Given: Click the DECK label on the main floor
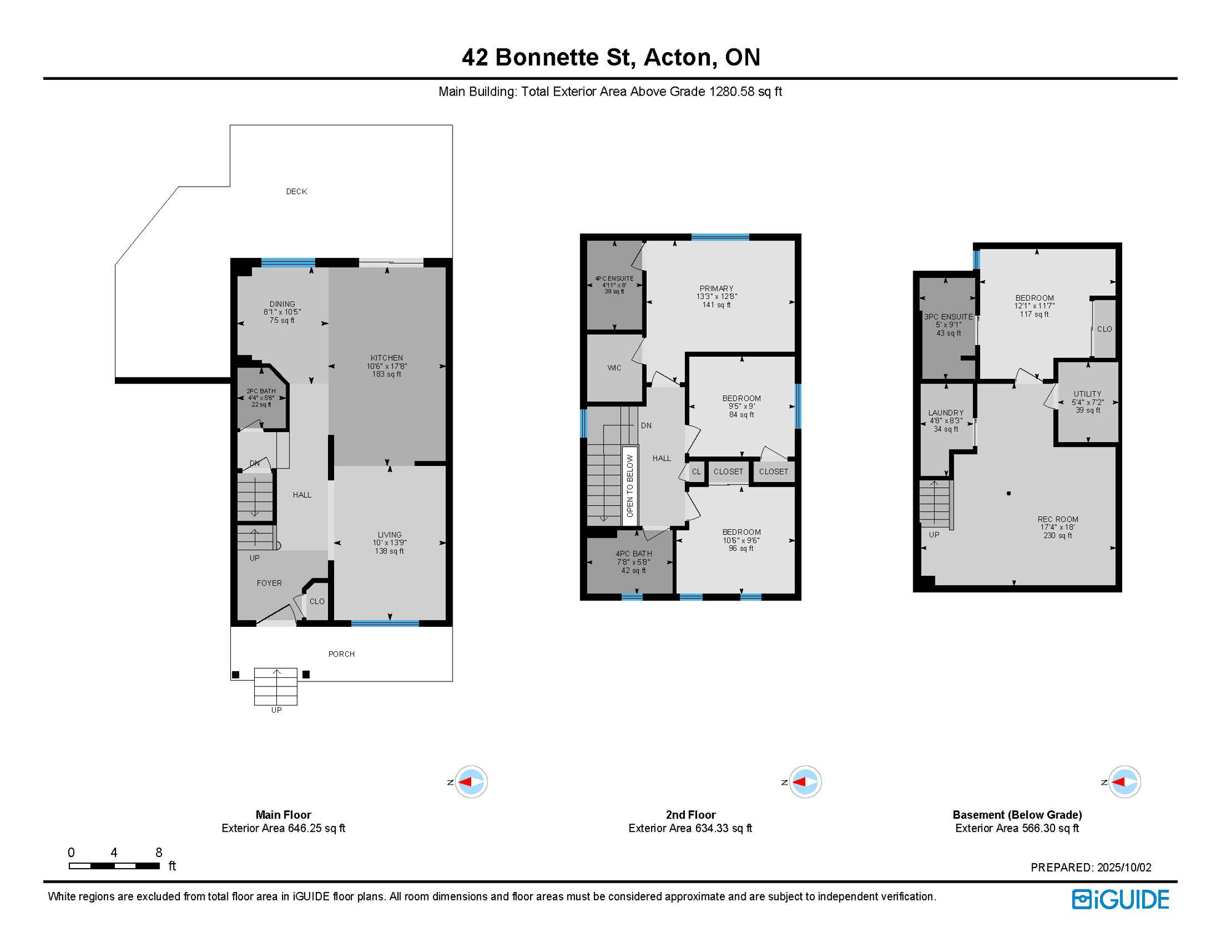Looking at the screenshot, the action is [297, 192].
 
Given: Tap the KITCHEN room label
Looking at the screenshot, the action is [386, 358].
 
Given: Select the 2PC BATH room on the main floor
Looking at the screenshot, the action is [261, 398].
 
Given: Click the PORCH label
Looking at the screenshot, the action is [341, 654].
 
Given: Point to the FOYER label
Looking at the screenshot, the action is [269, 583].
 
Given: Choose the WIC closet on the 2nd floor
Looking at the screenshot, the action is [614, 368].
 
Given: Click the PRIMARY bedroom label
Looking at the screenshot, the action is [716, 289].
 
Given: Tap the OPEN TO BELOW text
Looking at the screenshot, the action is [630, 486].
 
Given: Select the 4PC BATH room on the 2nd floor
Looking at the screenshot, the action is [630, 562].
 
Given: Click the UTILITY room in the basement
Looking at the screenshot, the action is [1088, 402].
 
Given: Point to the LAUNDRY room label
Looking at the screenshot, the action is [946, 413].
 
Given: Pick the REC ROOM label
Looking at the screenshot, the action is [1058, 519].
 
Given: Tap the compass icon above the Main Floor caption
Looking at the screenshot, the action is [471, 782].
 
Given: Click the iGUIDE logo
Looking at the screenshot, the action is [1121, 899].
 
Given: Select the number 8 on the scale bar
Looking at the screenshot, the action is [158, 852].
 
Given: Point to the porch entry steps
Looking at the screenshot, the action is [276, 686].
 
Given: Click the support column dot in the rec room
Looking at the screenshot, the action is [1008, 493].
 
